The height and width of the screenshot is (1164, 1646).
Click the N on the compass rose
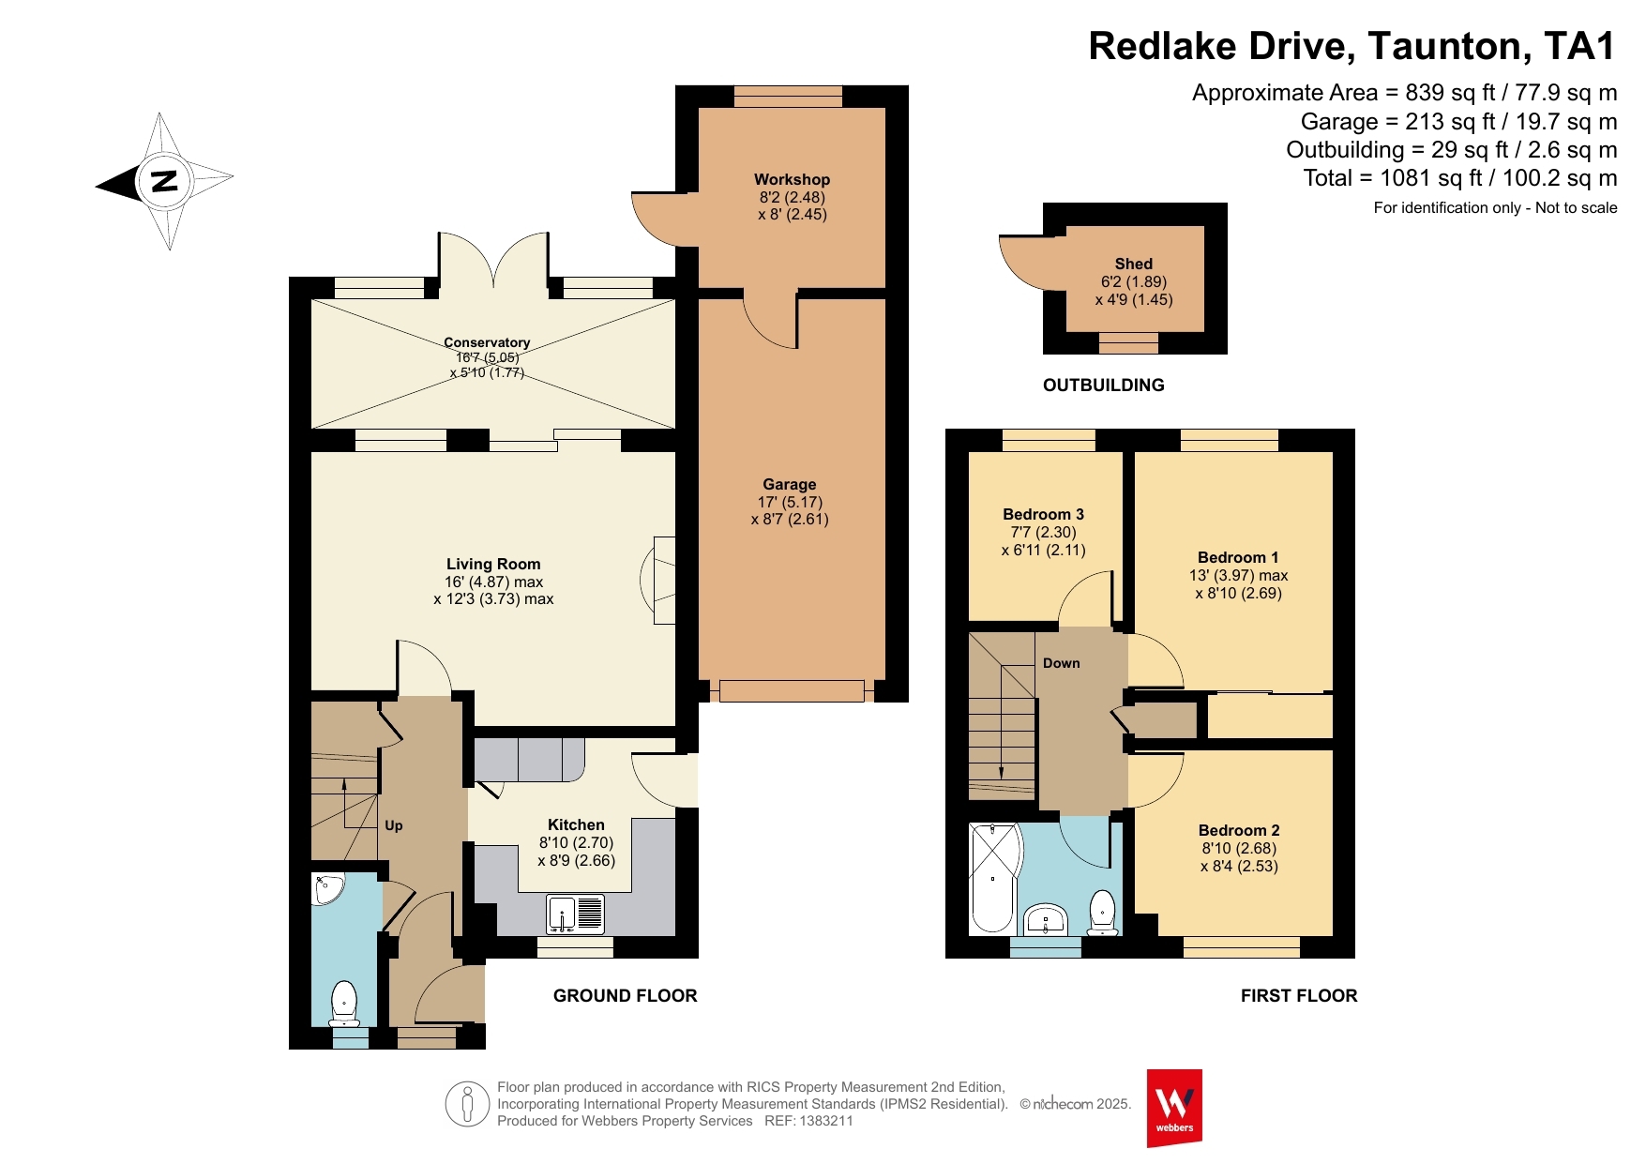[x=165, y=181]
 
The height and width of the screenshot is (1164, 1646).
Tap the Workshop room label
[x=793, y=179]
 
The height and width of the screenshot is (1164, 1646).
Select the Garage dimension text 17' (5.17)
[x=790, y=502]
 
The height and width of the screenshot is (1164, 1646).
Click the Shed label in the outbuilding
[x=1134, y=264]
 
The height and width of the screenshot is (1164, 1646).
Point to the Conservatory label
[x=487, y=342]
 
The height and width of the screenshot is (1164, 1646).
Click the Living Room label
[x=493, y=564]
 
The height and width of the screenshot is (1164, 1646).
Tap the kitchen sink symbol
[x=576, y=915]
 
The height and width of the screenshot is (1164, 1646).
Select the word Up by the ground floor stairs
[x=394, y=825]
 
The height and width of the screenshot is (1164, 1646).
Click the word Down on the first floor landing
[x=1062, y=663]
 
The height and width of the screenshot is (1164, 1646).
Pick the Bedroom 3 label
[x=1044, y=514]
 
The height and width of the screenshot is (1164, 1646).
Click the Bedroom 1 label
[x=1238, y=557]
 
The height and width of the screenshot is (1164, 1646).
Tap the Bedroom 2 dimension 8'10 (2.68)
[x=1239, y=848]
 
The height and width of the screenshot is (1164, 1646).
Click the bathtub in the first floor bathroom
[x=994, y=879]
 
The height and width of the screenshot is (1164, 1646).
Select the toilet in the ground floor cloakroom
[x=344, y=1005]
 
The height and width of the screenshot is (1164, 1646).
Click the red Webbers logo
[x=1174, y=1108]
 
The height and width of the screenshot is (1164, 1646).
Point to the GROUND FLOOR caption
[x=626, y=996]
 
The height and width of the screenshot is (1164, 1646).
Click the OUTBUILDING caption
[x=1104, y=385]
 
